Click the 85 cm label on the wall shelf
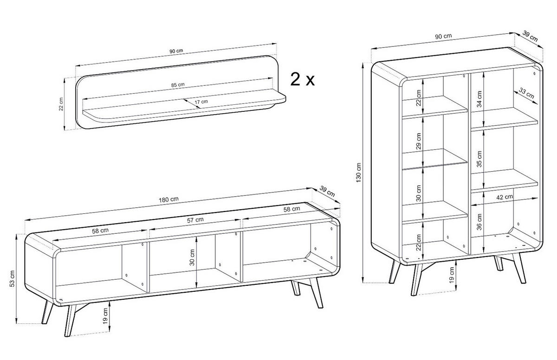pyautogui.click(x=178, y=85)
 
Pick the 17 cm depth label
pyautogui.click(x=201, y=101)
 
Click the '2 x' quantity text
pyautogui.click(x=302, y=79)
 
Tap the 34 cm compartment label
pyautogui.click(x=479, y=98)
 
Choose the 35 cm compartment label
pyautogui.click(x=479, y=158)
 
